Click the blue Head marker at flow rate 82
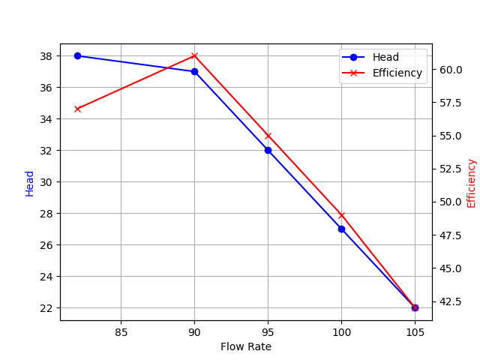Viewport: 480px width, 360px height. pyautogui.click(x=77, y=55)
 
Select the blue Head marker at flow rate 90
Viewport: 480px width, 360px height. pyautogui.click(x=194, y=71)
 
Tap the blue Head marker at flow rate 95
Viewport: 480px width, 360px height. pyautogui.click(x=268, y=150)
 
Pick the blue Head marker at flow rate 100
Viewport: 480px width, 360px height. pyautogui.click(x=341, y=229)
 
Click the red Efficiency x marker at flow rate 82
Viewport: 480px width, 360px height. pyautogui.click(x=77, y=109)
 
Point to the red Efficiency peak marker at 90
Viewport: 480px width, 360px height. pyautogui.click(x=194, y=55)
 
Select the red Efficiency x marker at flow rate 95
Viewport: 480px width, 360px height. pyautogui.click(x=268, y=136)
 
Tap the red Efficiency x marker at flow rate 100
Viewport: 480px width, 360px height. pyautogui.click(x=341, y=215)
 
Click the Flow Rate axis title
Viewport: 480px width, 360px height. pyautogui.click(x=246, y=346)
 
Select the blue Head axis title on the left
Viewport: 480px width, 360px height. pyautogui.click(x=30, y=183)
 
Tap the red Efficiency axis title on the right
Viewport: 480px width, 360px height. pyautogui.click(x=471, y=183)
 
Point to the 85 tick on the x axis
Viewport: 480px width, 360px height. pyautogui.click(x=121, y=331)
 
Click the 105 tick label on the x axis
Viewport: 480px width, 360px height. pyautogui.click(x=415, y=331)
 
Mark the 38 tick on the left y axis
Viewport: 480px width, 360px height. pyautogui.click(x=46, y=56)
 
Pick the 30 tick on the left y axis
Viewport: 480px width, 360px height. pyautogui.click(x=46, y=182)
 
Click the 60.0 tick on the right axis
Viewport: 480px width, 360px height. pyautogui.click(x=450, y=70)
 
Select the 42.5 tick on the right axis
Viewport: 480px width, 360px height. pyautogui.click(x=450, y=301)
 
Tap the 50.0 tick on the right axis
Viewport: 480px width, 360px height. pyautogui.click(x=450, y=202)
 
